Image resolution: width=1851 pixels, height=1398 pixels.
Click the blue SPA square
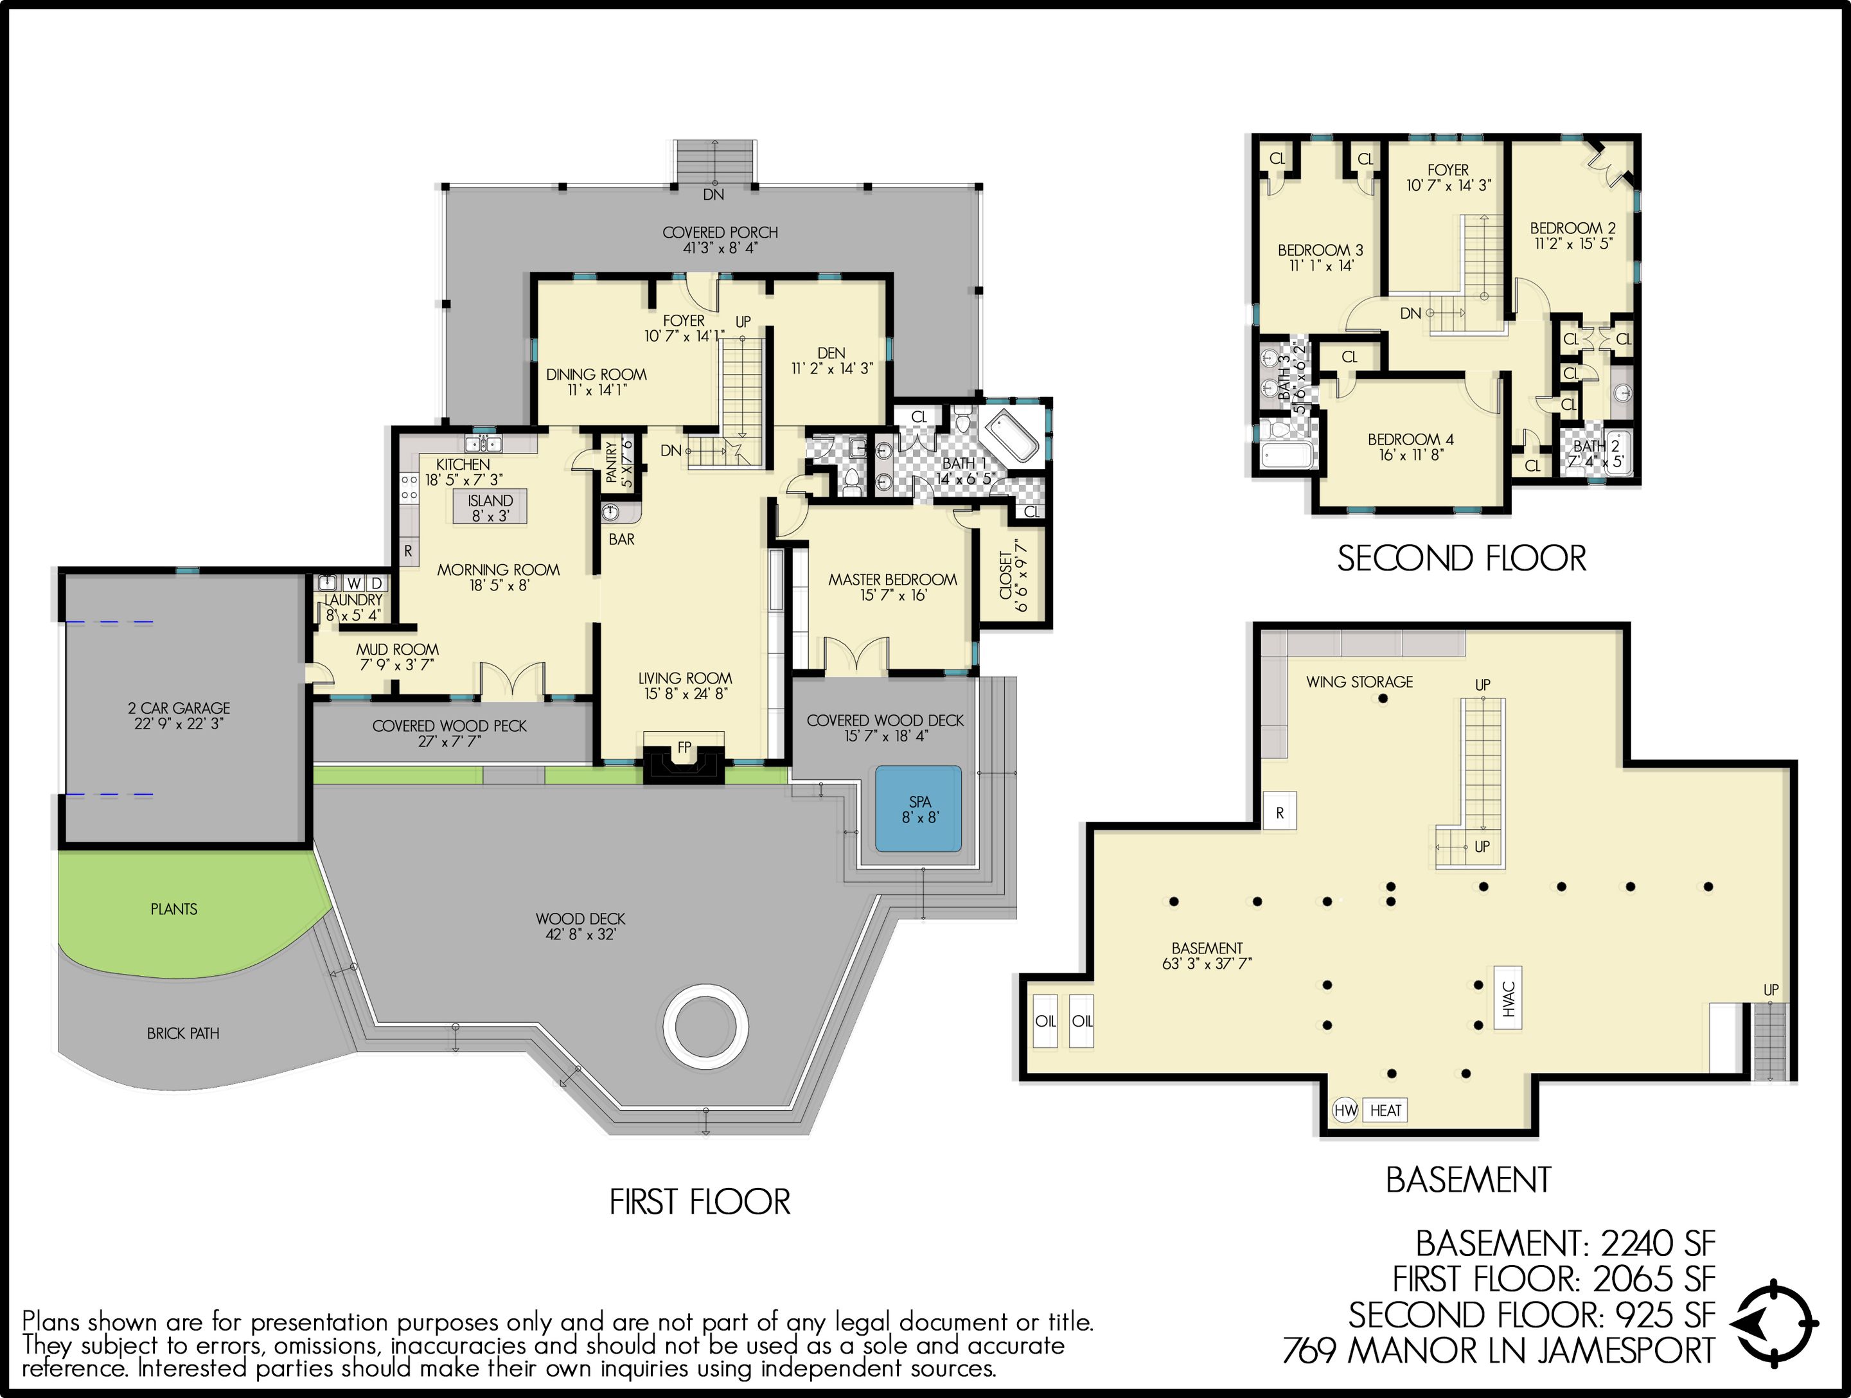coord(919,809)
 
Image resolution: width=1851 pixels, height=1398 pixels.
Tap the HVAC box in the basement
coord(1508,998)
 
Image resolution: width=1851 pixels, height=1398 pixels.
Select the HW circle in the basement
coord(1345,1110)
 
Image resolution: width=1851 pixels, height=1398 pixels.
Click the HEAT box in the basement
coord(1385,1110)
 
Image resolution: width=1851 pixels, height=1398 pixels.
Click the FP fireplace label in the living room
coord(684,747)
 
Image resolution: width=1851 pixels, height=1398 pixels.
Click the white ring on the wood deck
coord(705,1025)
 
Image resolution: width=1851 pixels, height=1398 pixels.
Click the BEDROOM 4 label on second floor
coord(1410,439)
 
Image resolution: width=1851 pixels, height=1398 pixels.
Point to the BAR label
coord(621,540)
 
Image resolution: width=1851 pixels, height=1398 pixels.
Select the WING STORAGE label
coord(1359,682)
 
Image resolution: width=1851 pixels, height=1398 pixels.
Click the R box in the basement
coord(1279,812)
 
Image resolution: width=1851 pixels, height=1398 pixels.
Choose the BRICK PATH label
coord(182,1033)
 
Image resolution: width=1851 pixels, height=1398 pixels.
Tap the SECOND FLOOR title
coord(1461,559)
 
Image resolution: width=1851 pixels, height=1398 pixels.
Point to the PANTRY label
coord(612,462)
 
